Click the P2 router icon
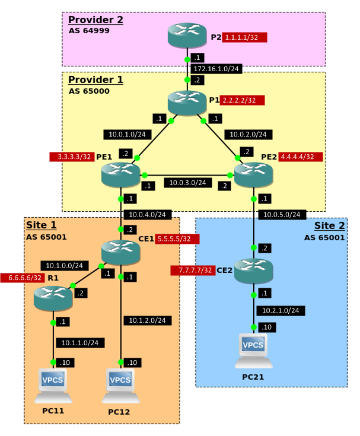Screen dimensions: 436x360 coord(187,37)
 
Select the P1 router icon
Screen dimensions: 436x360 coord(187,102)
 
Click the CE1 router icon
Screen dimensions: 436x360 coord(120,252)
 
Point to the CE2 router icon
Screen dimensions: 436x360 coord(253,270)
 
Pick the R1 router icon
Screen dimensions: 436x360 coord(53,298)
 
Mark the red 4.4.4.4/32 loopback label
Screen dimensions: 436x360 coord(300,157)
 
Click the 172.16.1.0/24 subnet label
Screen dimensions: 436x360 coord(216,69)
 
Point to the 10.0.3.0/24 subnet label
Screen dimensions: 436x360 coord(187,183)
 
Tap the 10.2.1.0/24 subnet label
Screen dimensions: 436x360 coord(281,310)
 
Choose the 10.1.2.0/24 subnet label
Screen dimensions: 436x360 coord(148,320)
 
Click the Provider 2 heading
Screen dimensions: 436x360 coord(95,20)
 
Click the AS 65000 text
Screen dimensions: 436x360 coord(89,91)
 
